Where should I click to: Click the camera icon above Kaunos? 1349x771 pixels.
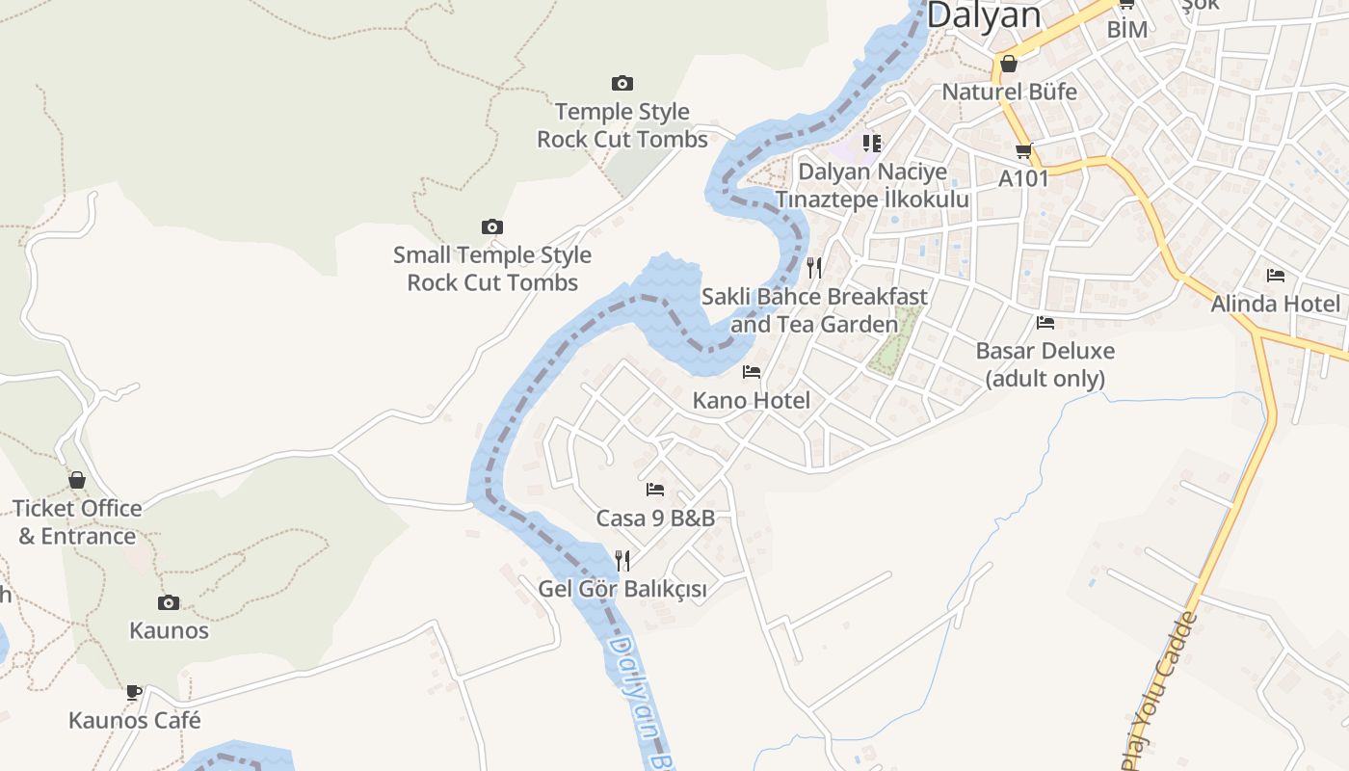[x=169, y=603]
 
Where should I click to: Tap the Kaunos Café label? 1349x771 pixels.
[x=135, y=720]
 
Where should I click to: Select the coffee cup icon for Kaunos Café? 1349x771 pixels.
[x=134, y=692]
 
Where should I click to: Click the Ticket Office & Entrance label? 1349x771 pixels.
[x=77, y=522]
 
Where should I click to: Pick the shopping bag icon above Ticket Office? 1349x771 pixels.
[x=76, y=480]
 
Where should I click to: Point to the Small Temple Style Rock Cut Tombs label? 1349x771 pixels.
[x=492, y=269]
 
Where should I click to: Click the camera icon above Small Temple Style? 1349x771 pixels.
[x=492, y=227]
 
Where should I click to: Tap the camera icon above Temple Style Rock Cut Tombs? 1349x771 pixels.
[x=622, y=84]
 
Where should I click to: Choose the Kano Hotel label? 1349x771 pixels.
[x=752, y=400]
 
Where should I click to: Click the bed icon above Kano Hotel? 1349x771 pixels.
[x=752, y=372]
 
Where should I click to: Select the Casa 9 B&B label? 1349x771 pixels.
[x=655, y=518]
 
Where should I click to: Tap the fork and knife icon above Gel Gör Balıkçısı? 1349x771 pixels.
[x=622, y=560]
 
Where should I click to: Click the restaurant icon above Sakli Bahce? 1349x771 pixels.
[x=815, y=267]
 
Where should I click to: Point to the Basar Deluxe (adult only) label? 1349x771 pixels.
[x=1045, y=364]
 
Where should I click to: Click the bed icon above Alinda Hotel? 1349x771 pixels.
[x=1276, y=276]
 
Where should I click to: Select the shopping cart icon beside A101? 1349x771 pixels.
[x=1023, y=150]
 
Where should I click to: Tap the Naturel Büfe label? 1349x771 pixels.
[x=1009, y=93]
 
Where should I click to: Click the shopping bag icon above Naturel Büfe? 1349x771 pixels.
[x=1008, y=64]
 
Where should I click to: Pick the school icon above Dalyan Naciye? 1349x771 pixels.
[x=872, y=144]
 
